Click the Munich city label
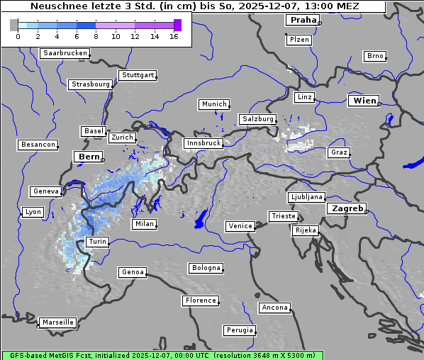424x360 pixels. point(213,104)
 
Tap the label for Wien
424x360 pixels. point(364,101)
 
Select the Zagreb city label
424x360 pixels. point(347,208)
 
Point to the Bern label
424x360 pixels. point(89,156)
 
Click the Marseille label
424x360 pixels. point(57,322)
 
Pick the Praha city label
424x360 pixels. point(301,20)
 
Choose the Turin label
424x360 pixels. point(97,242)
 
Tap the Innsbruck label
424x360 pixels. point(203,143)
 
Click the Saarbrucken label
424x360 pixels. point(65,53)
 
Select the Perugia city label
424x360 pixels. point(239,330)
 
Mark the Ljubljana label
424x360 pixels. point(306,197)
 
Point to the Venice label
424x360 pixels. point(240,226)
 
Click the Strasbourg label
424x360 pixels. point(90,84)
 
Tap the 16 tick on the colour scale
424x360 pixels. point(174,36)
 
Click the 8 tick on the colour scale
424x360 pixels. point(96,36)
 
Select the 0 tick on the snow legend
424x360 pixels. point(17,36)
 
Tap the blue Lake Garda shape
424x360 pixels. point(200,218)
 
